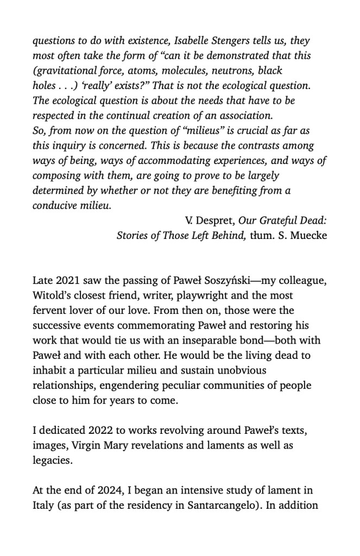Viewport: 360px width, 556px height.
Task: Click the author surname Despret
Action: (217, 221)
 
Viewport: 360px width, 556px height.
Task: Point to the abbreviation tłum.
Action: (262, 236)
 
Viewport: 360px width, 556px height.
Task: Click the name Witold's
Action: (53, 296)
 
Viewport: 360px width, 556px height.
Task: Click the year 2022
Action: (100, 431)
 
